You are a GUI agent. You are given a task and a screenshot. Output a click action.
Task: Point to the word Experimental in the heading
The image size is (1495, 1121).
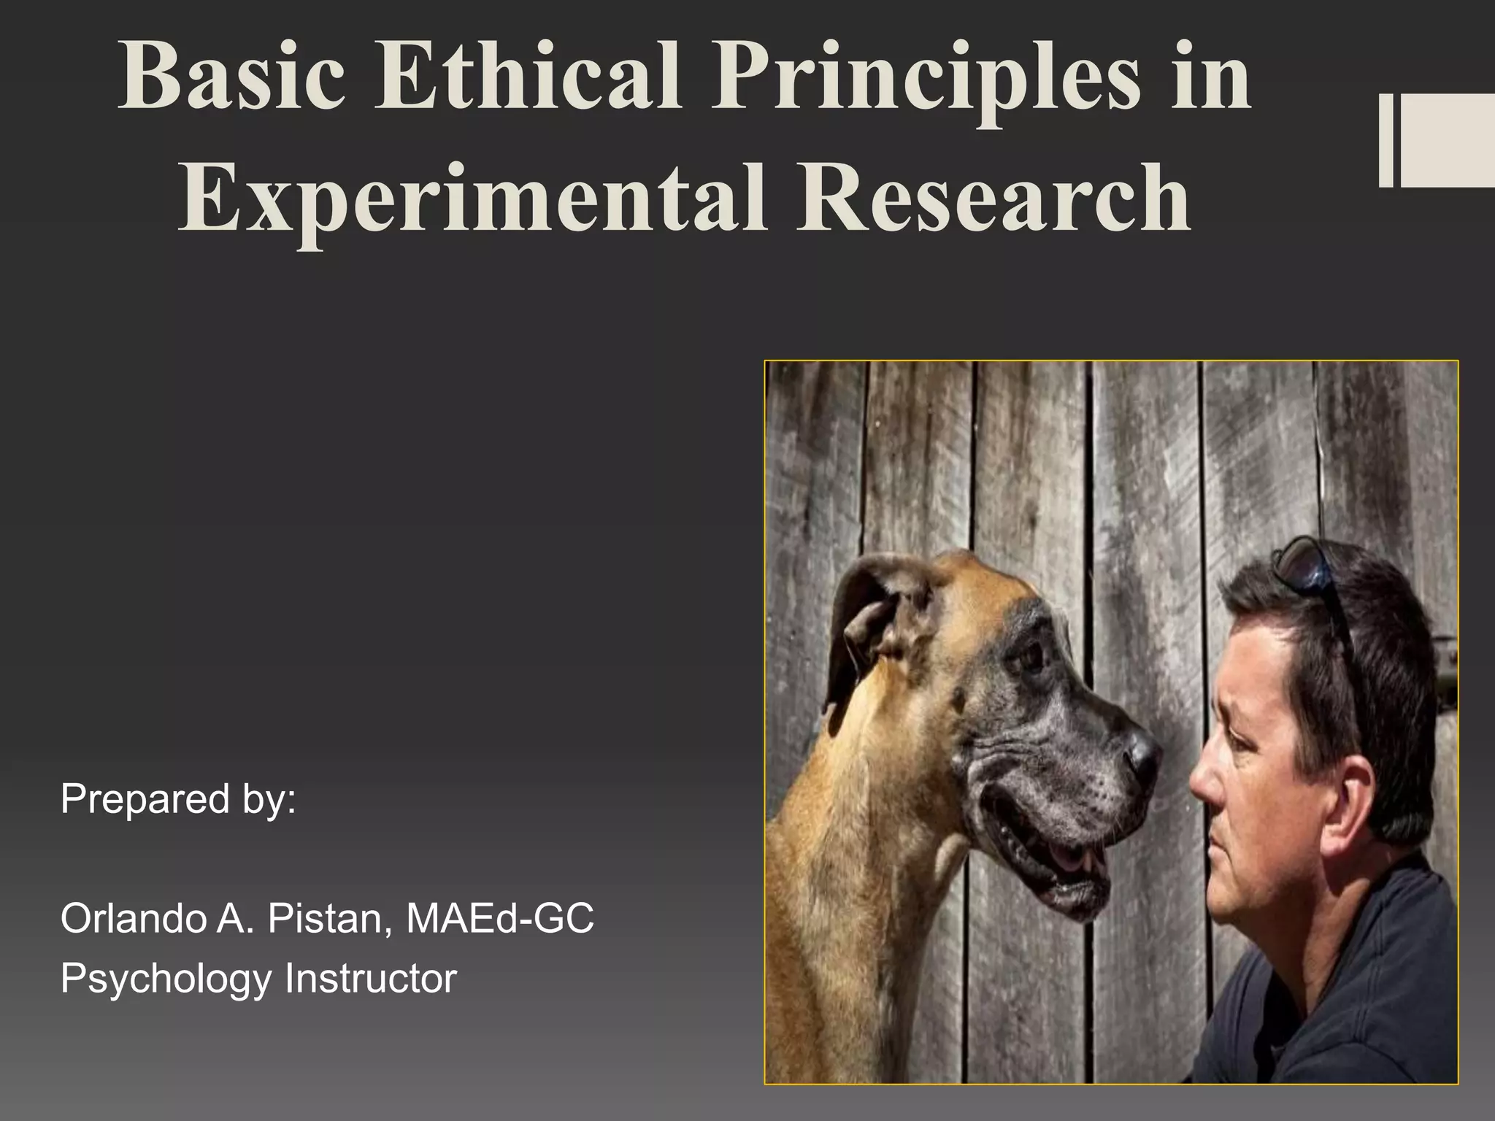tap(472, 199)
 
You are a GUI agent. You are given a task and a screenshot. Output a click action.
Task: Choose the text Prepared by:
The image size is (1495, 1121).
tap(179, 799)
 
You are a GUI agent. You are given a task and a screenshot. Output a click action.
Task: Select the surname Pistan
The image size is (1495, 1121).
tap(324, 918)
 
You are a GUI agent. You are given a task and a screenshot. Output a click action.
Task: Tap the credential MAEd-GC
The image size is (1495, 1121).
tap(499, 918)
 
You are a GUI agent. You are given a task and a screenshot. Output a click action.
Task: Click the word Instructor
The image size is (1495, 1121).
tap(371, 978)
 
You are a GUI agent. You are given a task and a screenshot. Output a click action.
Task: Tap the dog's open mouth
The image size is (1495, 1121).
tap(1058, 854)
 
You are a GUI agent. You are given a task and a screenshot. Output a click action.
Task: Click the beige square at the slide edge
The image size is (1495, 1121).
tap(1448, 140)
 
